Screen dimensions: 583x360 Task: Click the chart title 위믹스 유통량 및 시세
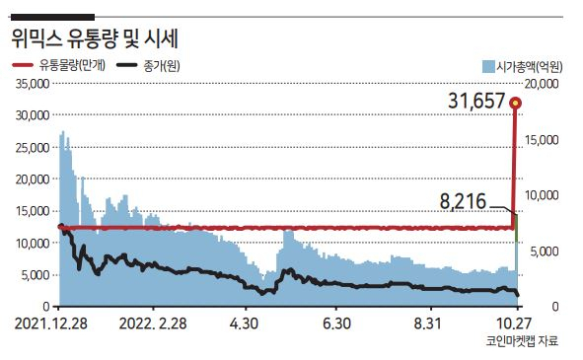95,38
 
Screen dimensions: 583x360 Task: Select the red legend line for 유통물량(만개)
24,65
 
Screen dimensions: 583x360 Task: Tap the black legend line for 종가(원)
127,65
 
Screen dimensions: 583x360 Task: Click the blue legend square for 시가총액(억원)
488,66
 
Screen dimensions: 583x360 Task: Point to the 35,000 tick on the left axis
33,84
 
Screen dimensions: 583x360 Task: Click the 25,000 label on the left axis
33,148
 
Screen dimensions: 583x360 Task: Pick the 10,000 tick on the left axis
33,244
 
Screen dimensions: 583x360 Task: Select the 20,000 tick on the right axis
542,84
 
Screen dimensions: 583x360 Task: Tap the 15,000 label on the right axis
542,140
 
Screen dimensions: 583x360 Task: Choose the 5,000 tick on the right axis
544,252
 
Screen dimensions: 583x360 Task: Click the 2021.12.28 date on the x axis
51,324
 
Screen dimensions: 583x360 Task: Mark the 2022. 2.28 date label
153,324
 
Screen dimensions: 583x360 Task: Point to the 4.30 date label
244,324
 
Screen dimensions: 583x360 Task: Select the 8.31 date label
427,324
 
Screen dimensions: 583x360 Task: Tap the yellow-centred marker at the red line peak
515,103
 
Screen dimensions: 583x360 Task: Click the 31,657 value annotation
476,101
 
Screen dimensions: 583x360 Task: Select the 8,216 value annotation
463,201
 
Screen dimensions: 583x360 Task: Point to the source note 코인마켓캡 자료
522,340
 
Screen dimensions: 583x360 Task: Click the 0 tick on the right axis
555,307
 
